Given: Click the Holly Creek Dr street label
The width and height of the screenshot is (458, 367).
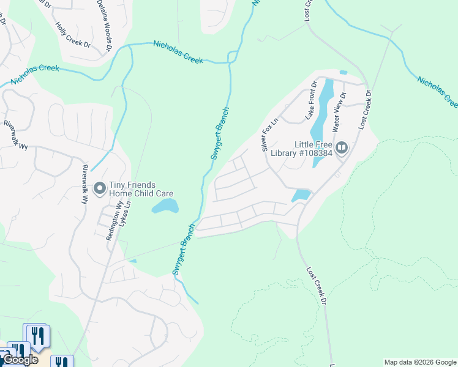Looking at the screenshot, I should (x=73, y=36).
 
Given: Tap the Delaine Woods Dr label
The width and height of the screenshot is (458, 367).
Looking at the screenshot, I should (x=105, y=25).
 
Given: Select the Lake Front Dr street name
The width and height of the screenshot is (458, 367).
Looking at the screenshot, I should (x=311, y=100).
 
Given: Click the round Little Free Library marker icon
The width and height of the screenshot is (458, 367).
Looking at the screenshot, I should (x=342, y=147).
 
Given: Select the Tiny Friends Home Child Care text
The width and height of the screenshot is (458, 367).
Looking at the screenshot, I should (x=141, y=189).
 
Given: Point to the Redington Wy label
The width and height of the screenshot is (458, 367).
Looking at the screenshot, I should (x=112, y=222).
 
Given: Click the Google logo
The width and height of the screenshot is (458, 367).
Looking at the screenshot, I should (x=20, y=360).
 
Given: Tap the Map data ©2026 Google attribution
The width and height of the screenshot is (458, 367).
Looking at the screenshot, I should (x=420, y=362).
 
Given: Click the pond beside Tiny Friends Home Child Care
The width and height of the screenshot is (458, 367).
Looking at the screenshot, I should (x=165, y=206).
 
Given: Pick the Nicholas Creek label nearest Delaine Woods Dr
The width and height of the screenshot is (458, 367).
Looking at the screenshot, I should (x=178, y=52).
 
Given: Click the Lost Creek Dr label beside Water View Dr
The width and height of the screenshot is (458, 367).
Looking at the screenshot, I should (x=366, y=110).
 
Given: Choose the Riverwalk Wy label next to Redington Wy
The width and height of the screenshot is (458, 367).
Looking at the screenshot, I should (x=84, y=183).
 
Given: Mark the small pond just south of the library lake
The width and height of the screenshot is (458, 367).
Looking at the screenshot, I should (x=301, y=196).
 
